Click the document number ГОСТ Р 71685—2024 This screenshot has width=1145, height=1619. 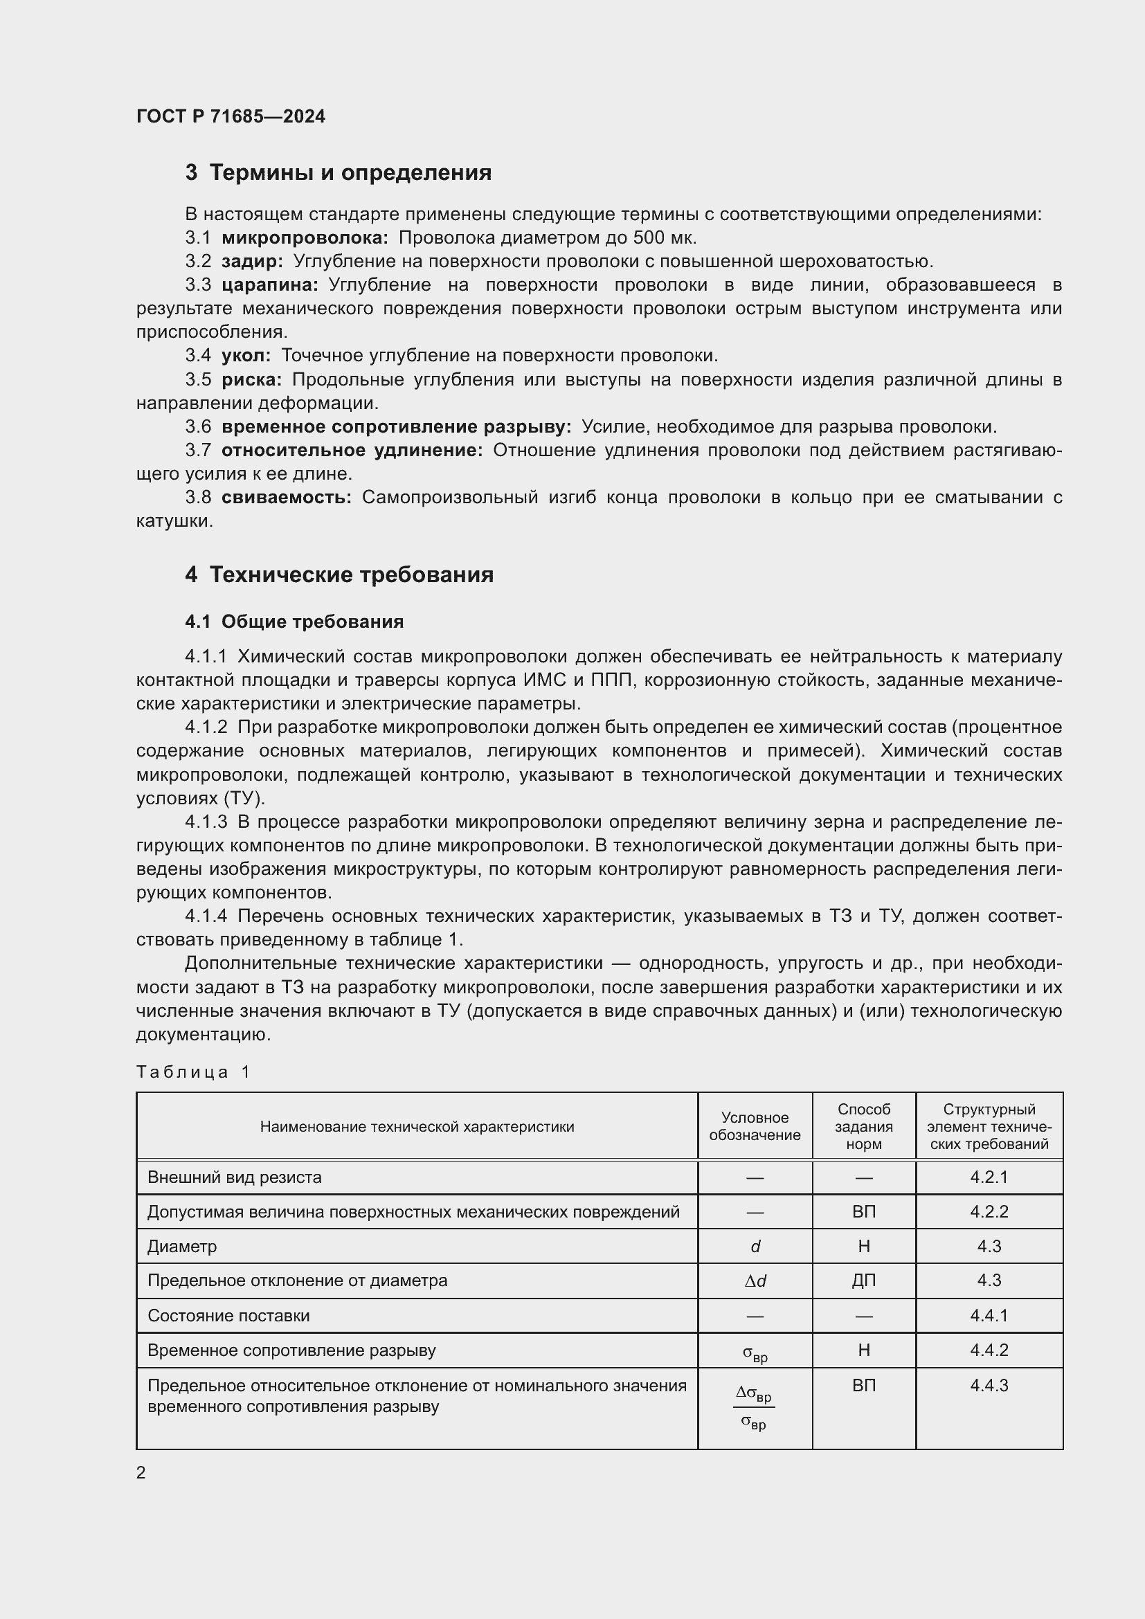231,116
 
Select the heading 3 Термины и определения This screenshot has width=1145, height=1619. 339,173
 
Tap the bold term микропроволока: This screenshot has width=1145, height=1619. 305,237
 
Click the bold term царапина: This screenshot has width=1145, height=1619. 269,285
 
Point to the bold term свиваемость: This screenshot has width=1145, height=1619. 287,497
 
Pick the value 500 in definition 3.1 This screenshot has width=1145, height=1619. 649,237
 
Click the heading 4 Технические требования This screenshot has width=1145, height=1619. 339,575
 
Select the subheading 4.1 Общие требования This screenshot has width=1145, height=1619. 294,622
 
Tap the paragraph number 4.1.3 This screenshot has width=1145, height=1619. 206,822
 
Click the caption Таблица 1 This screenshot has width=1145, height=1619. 193,1072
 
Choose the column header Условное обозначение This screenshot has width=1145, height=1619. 755,1126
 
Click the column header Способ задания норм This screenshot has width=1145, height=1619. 864,1126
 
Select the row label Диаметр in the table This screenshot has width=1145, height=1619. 182,1246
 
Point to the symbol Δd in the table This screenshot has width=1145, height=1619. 755,1281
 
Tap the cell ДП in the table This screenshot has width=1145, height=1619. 864,1281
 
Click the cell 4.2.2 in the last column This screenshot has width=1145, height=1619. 989,1211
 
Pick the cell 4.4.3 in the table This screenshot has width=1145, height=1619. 989,1385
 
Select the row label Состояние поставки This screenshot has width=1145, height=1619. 228,1315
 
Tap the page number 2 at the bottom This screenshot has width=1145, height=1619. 141,1472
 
